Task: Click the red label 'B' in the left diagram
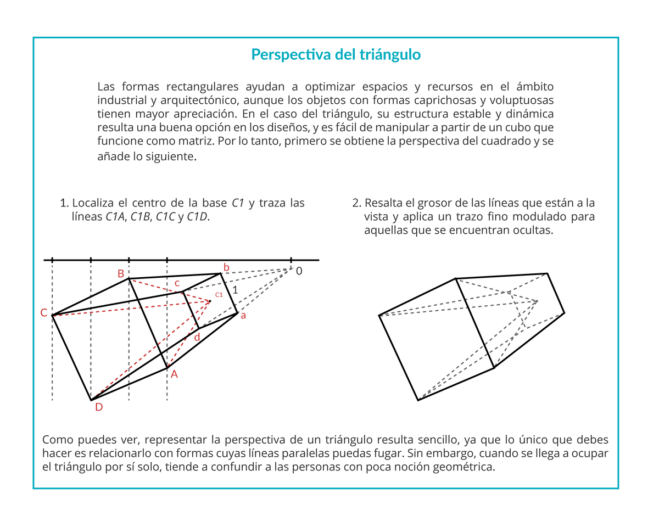121,273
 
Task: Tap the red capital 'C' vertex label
44,313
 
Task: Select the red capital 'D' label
99,407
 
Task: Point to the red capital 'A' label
174,374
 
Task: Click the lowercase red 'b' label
226,267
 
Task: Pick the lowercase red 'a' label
243,316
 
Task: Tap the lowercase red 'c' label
177,283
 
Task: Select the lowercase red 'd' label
197,337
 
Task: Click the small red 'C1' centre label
219,295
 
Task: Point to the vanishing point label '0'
299,271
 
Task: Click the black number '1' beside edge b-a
235,290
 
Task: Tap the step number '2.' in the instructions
356,203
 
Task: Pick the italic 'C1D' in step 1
197,217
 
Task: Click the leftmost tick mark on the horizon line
52,260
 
